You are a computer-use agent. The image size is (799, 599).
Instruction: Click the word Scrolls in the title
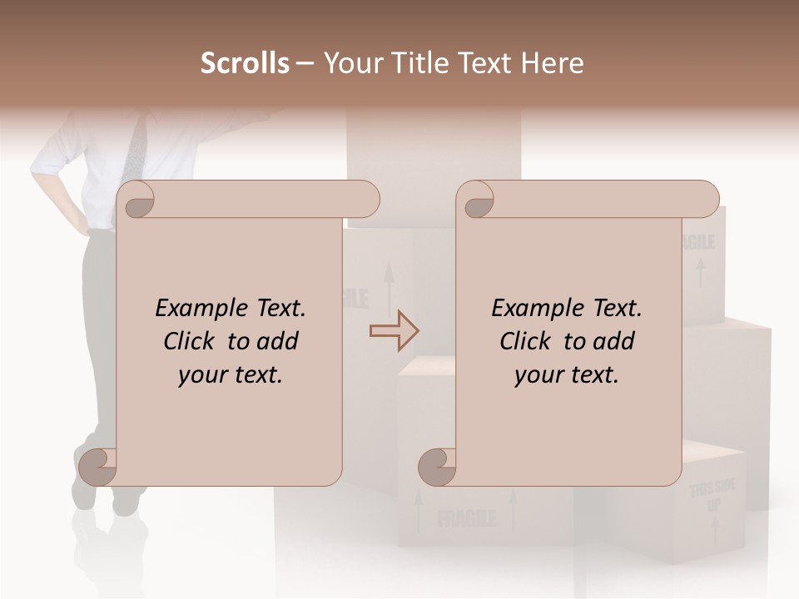click(245, 63)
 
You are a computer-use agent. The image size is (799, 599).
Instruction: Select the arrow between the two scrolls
click(394, 331)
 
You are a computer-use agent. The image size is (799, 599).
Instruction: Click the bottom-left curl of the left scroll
click(97, 466)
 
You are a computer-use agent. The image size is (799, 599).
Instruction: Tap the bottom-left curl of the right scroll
click(437, 466)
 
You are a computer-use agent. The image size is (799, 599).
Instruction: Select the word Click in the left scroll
click(190, 341)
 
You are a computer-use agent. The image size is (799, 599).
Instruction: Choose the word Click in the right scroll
click(526, 341)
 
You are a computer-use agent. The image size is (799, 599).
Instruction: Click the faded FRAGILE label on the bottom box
click(466, 520)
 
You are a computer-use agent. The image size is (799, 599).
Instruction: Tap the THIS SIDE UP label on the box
click(712, 496)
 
